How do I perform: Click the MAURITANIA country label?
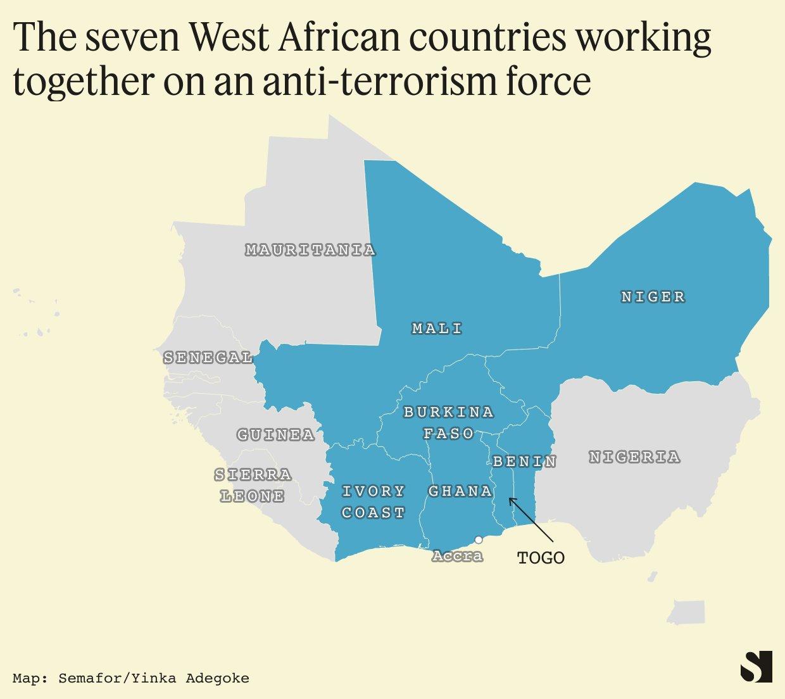(x=310, y=250)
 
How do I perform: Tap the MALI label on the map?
(x=437, y=329)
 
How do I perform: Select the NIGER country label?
(x=653, y=297)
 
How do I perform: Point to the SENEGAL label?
(x=208, y=358)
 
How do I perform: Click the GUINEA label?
(x=275, y=435)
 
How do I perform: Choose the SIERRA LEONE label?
(x=253, y=486)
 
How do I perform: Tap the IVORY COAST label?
(x=373, y=502)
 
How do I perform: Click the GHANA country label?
(x=460, y=491)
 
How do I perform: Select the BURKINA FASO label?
(x=448, y=423)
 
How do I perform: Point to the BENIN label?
(x=524, y=462)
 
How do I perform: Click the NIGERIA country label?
(x=634, y=457)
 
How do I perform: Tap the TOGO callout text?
(x=541, y=558)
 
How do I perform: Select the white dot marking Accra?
(x=479, y=539)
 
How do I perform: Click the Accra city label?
(x=457, y=556)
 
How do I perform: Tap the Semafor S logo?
(x=757, y=667)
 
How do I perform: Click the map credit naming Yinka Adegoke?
(x=130, y=678)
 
